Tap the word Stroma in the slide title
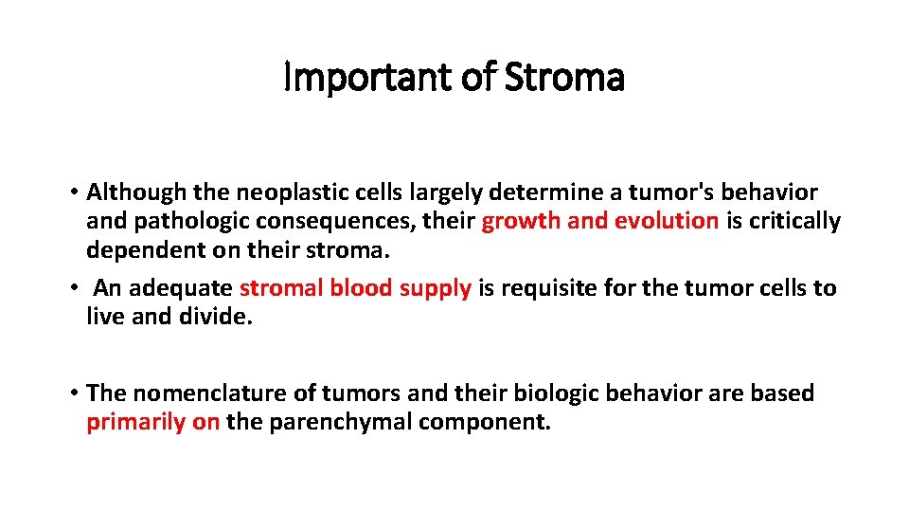[x=564, y=78]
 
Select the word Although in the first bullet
[x=136, y=192]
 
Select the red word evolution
[x=667, y=222]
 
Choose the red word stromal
[x=281, y=288]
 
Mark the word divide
[x=219, y=317]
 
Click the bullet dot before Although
[x=73, y=192]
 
